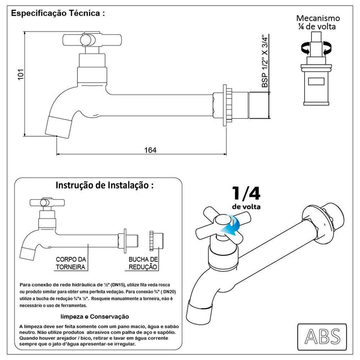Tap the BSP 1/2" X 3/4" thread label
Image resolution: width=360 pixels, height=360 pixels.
click(265, 61)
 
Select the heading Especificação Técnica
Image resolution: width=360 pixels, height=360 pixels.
click(58, 13)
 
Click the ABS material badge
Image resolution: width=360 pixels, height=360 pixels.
click(322, 336)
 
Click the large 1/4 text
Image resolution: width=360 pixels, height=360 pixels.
click(246, 194)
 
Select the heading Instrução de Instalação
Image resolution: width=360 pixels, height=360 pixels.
click(104, 185)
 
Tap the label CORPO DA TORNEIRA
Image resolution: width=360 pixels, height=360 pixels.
click(71, 263)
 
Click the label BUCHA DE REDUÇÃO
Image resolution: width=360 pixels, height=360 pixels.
click(143, 263)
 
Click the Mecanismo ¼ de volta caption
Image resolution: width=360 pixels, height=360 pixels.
click(318, 22)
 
